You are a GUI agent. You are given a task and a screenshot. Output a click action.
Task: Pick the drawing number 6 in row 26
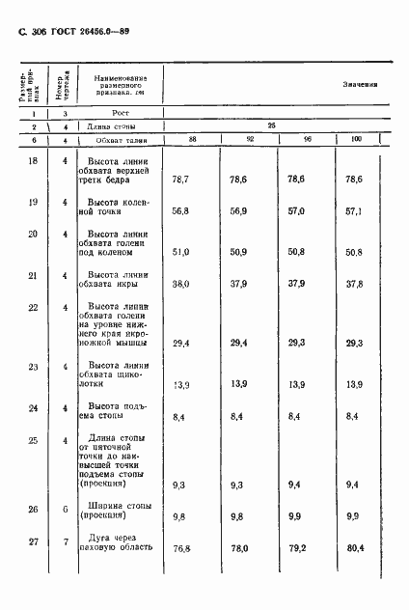pyautogui.click(x=66, y=507)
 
